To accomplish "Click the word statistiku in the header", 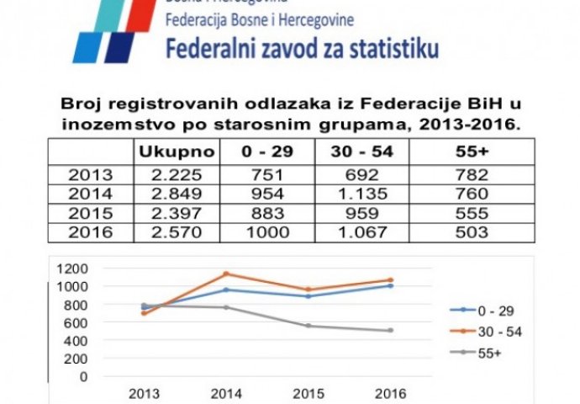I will [394, 49].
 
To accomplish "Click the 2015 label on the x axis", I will [307, 392].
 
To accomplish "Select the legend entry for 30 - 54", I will [496, 332].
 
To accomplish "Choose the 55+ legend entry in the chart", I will [492, 353].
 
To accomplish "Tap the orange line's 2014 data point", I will [225, 274].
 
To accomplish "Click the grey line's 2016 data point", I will [390, 331].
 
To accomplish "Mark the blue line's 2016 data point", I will [390, 285].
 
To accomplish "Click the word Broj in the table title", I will [81, 105].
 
